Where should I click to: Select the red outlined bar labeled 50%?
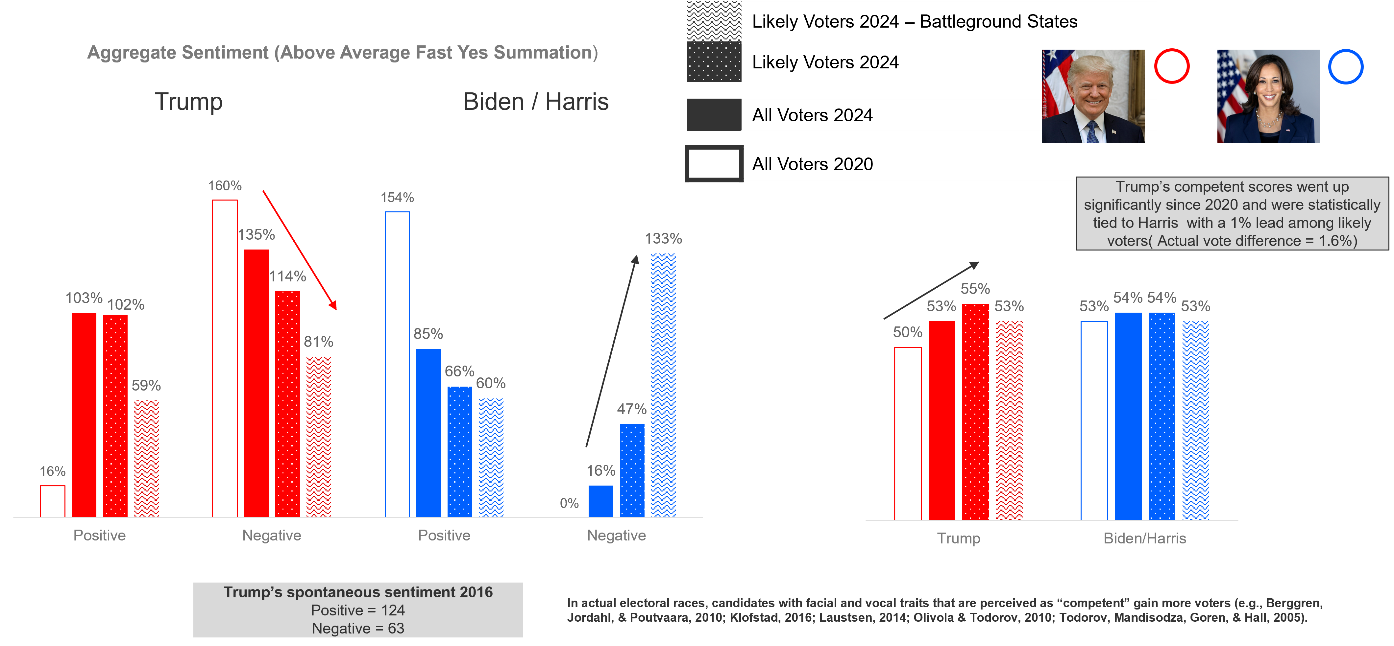[x=908, y=433]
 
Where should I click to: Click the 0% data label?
[x=569, y=503]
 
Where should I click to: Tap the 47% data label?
[x=631, y=409]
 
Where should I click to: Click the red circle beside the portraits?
[x=1172, y=66]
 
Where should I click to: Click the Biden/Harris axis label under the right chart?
[x=1144, y=538]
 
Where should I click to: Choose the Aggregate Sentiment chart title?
[x=343, y=53]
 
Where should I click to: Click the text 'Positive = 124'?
[x=358, y=610]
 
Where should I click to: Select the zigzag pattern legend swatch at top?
[x=714, y=21]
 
